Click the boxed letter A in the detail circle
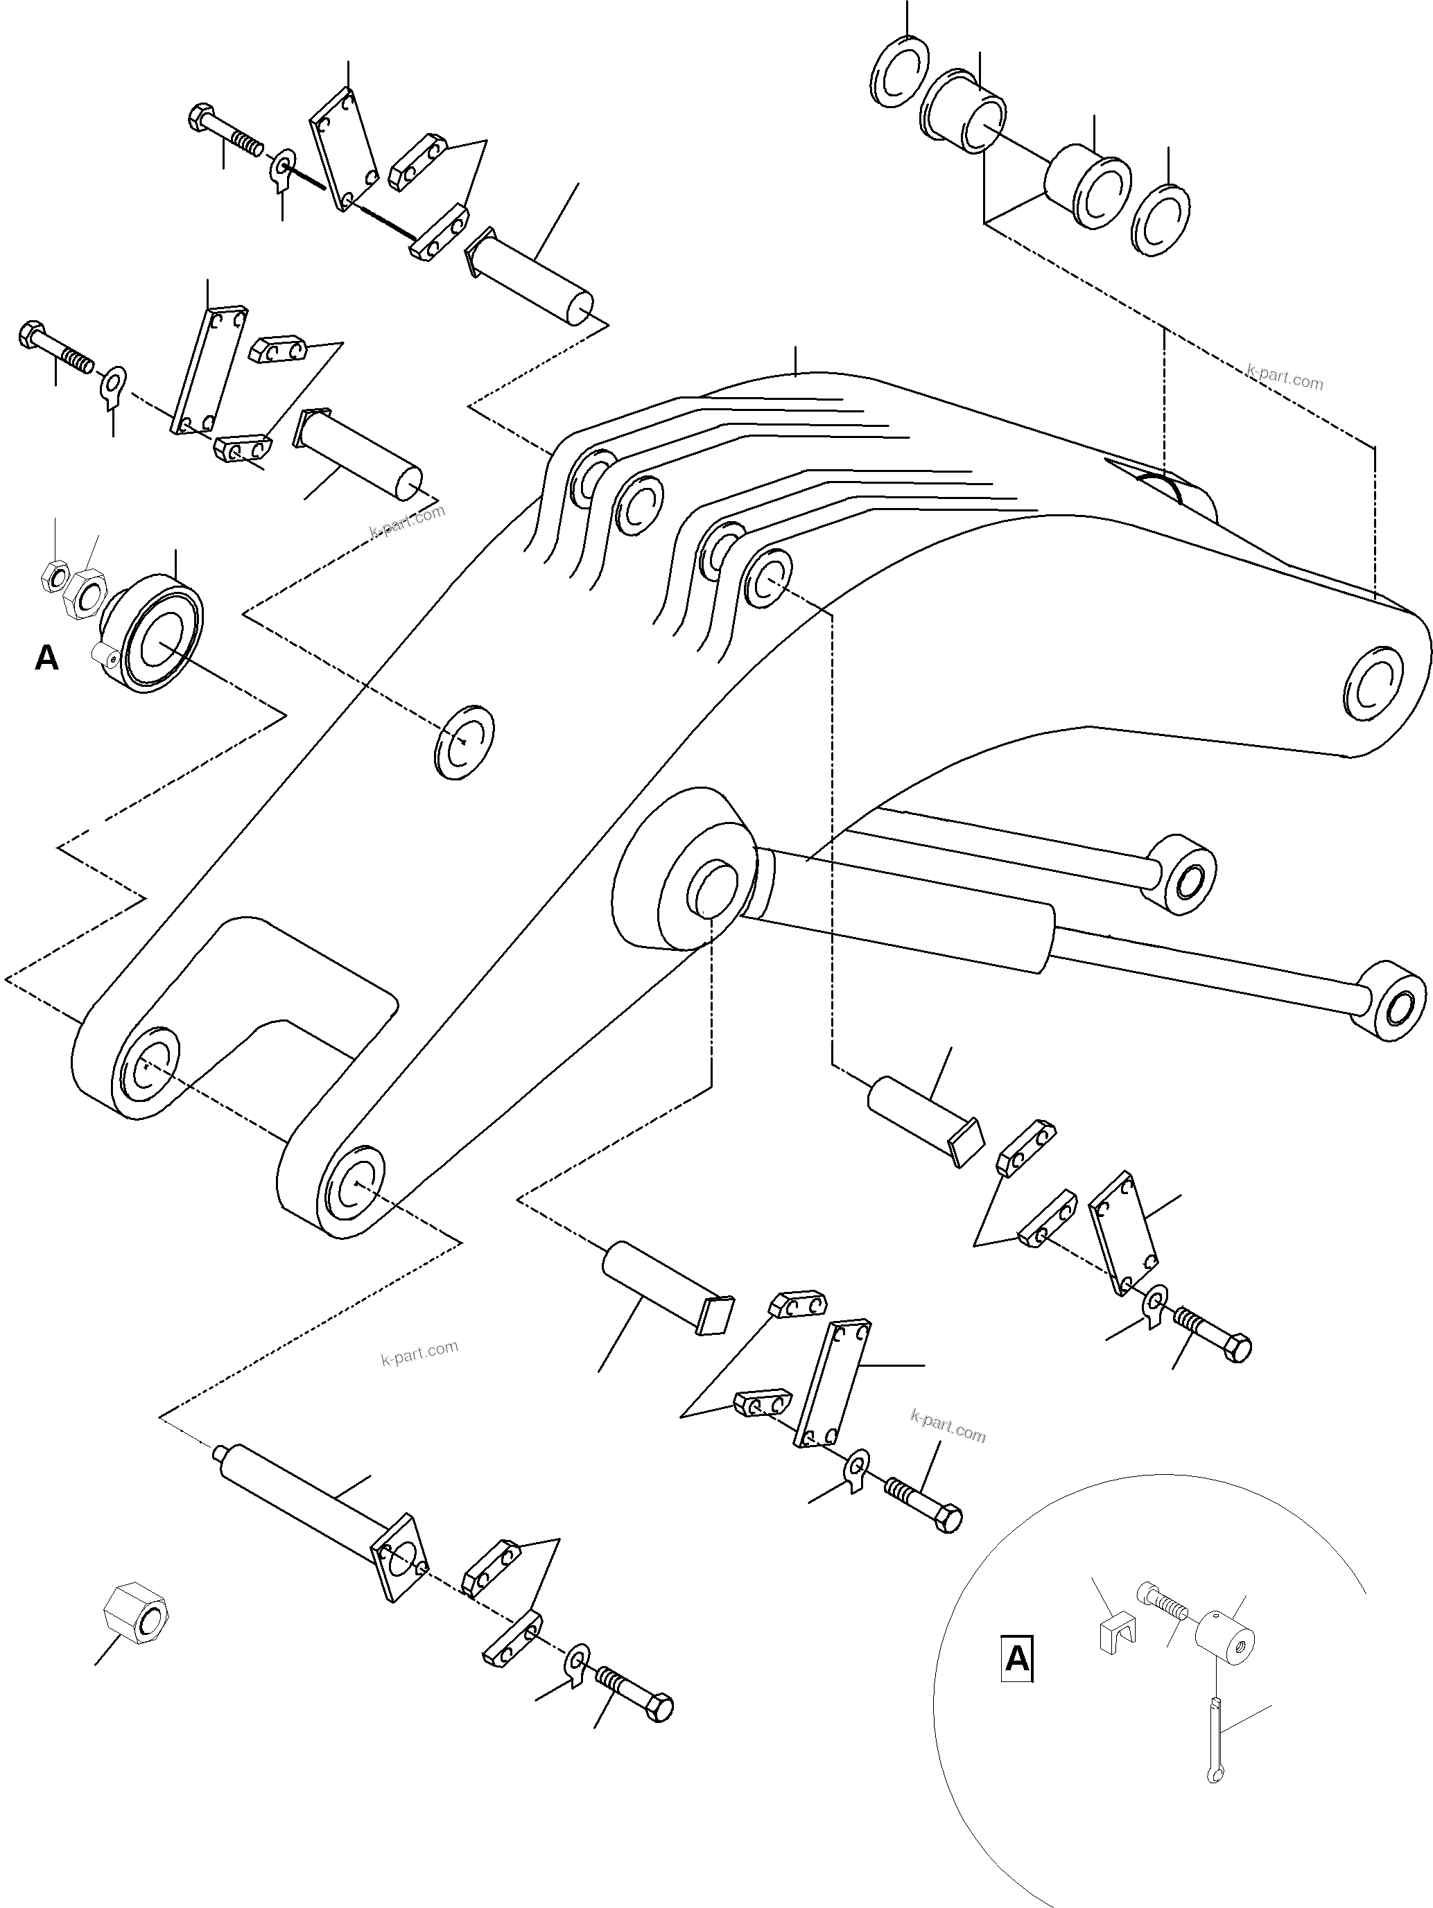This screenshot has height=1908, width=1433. pyautogui.click(x=1017, y=1657)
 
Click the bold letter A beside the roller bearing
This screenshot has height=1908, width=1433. pyautogui.click(x=46, y=658)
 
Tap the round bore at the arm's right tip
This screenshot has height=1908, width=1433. pyautogui.click(x=1373, y=687)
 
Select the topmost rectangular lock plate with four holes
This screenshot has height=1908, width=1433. pyautogui.click(x=345, y=148)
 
